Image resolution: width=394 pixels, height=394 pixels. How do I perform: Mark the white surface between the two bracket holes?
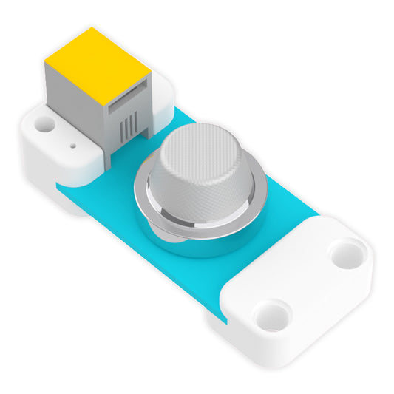pyautogui.click(x=307, y=285)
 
